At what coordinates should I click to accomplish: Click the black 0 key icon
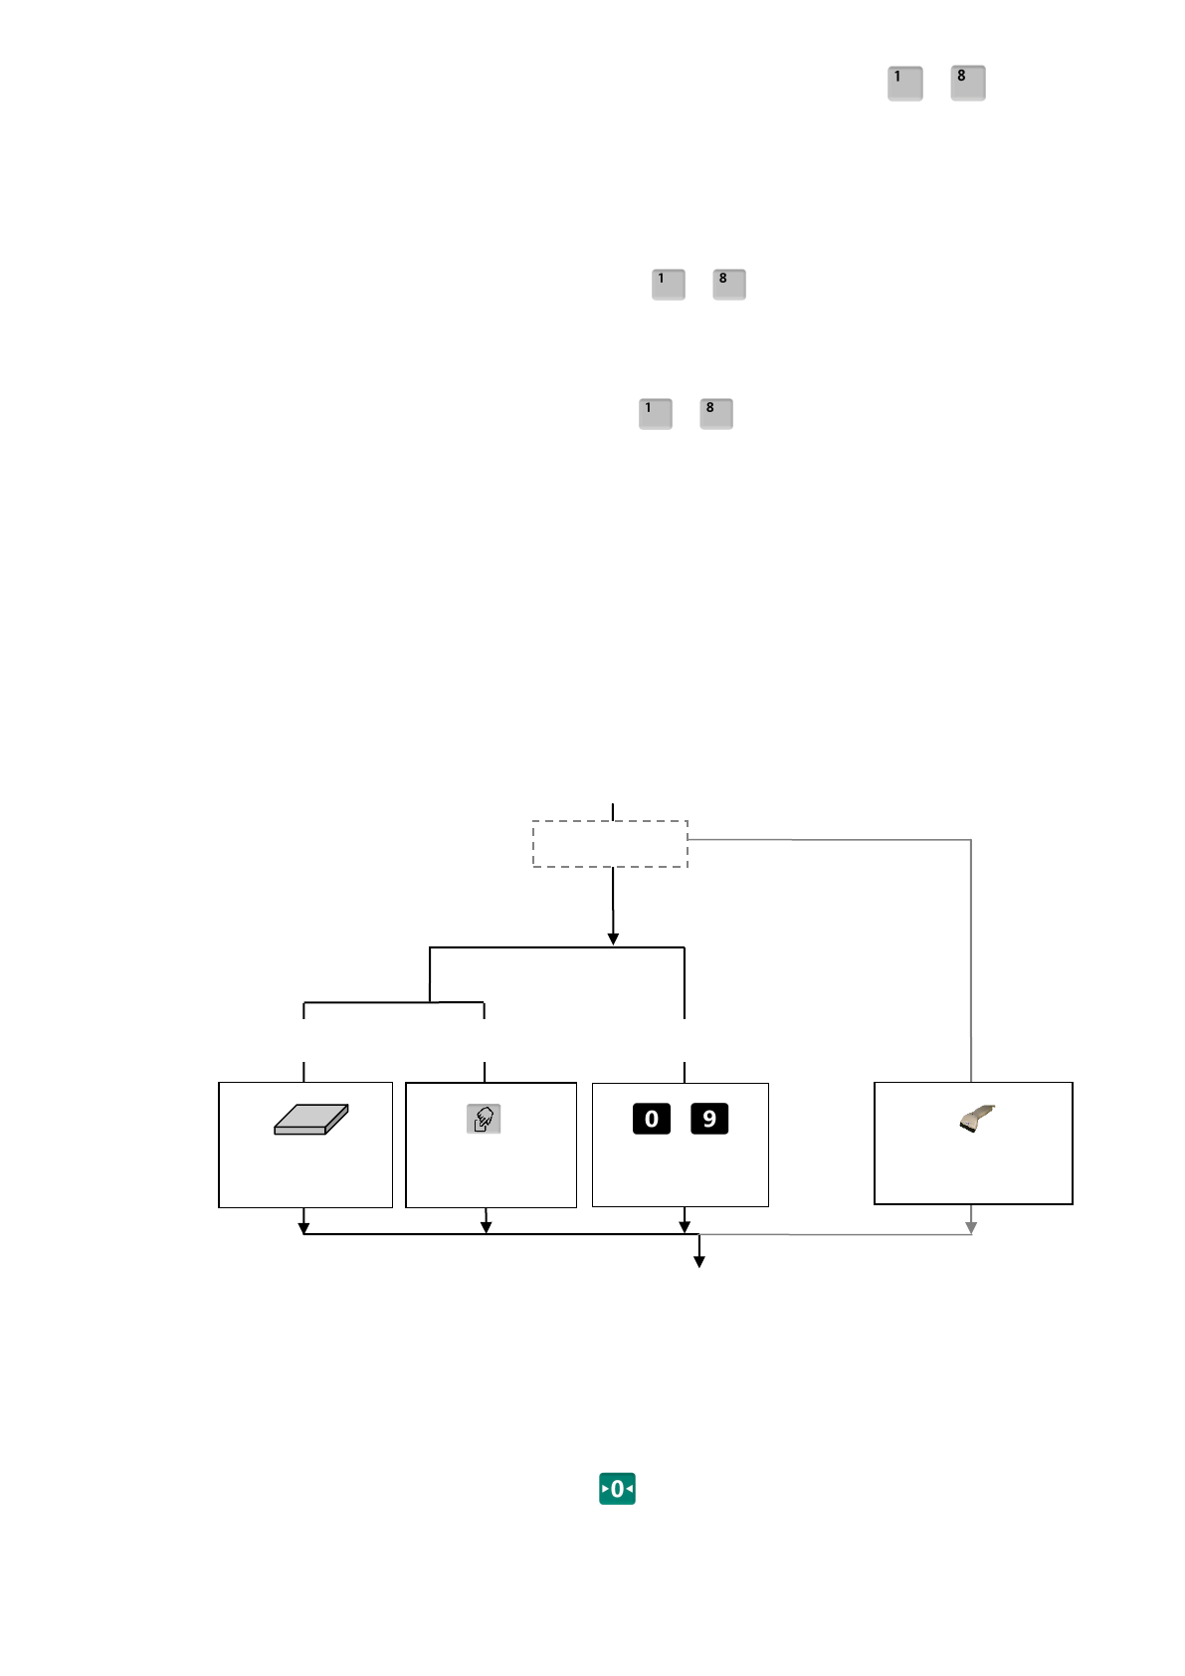click(x=652, y=1119)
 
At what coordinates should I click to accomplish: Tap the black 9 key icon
click(x=709, y=1119)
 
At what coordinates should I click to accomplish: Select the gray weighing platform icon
click(x=310, y=1119)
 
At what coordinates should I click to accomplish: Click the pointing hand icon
click(x=484, y=1119)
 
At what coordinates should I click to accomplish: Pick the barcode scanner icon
click(x=977, y=1119)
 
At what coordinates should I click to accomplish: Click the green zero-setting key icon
click(x=617, y=1489)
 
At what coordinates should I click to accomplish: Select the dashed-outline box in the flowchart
click(x=610, y=844)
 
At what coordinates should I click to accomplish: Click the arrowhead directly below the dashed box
click(x=613, y=939)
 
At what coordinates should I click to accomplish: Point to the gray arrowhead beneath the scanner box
click(x=971, y=1228)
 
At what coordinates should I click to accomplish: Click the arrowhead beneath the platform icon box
click(x=304, y=1228)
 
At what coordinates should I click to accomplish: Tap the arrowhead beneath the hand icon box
click(x=486, y=1228)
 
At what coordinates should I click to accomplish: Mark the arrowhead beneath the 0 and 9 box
click(x=685, y=1228)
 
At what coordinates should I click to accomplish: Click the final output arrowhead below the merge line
click(x=699, y=1262)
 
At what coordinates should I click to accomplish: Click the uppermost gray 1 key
click(x=904, y=83)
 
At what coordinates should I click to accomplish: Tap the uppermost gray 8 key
click(x=967, y=83)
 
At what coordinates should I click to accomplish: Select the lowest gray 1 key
click(x=655, y=413)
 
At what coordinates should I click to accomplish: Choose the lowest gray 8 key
click(x=715, y=413)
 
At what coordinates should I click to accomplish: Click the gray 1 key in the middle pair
click(x=668, y=284)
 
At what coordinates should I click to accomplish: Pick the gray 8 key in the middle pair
click(x=728, y=284)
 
